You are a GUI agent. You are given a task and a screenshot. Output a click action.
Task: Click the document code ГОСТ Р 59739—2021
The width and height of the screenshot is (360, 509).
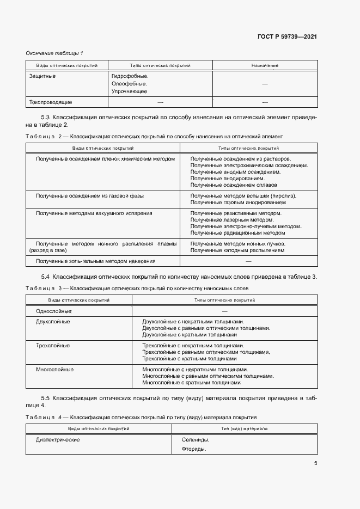tap(287, 36)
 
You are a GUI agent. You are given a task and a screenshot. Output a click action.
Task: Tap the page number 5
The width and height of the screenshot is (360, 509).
tap(315, 463)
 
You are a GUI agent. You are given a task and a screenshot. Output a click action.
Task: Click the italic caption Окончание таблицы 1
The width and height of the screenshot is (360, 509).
tap(54, 53)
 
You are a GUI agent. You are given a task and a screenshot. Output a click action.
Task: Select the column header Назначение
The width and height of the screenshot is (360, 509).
tap(265, 65)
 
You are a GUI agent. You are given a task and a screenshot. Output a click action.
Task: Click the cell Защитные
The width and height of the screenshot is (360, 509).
tap(42, 76)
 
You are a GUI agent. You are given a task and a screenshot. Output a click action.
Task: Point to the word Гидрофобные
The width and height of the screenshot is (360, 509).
tap(130, 76)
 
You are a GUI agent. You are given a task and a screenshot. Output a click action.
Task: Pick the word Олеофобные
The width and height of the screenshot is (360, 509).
tap(129, 84)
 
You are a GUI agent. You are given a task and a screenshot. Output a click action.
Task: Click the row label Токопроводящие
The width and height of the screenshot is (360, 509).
tap(50, 102)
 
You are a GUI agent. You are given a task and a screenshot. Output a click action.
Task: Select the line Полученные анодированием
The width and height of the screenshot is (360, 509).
tap(228, 178)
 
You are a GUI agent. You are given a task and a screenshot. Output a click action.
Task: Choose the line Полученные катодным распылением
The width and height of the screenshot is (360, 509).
tap(237, 250)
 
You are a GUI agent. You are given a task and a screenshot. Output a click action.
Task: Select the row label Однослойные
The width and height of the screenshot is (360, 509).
tap(53, 310)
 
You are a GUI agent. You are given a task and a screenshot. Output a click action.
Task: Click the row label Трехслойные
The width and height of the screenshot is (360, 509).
tap(52, 346)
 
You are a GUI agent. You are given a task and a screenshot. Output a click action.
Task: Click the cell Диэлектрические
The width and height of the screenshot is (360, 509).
tap(58, 439)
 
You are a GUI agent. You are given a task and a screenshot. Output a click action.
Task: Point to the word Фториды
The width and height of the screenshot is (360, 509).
tap(194, 449)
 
